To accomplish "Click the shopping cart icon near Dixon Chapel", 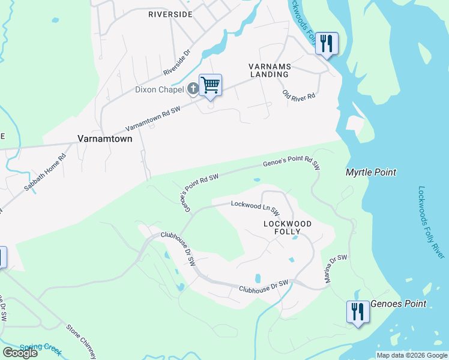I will (210, 85).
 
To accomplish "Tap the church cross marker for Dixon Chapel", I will (193, 89).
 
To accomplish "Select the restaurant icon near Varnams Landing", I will (327, 43).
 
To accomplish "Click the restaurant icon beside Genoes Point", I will (358, 312).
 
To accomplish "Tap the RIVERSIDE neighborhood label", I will (171, 14).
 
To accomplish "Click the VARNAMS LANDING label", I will (269, 70).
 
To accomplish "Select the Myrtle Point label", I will (371, 172).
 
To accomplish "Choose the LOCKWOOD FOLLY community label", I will (288, 227).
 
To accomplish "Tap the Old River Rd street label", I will (299, 95).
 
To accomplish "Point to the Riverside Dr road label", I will (177, 63).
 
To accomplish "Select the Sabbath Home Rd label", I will (45, 172).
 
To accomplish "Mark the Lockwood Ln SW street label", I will (255, 208).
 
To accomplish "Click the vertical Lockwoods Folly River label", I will (430, 222).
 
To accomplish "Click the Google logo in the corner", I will (20, 352).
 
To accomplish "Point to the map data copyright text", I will (412, 355).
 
